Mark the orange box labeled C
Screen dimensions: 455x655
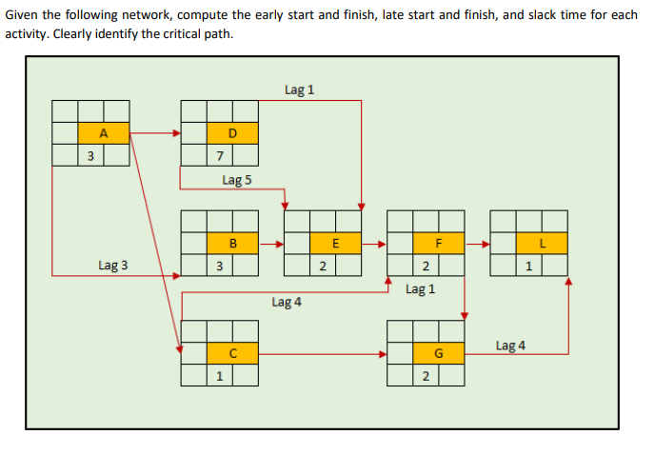tap(232, 354)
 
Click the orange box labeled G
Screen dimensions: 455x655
tap(439, 354)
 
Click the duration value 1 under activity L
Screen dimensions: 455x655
tap(528, 266)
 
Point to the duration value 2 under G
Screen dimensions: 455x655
tap(426, 376)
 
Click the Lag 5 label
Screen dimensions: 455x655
tap(236, 179)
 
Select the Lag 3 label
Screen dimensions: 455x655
tap(112, 266)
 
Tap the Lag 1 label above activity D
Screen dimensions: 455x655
tap(299, 89)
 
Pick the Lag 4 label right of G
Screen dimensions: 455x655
tap(510, 345)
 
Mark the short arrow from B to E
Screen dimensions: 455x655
tap(270, 244)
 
